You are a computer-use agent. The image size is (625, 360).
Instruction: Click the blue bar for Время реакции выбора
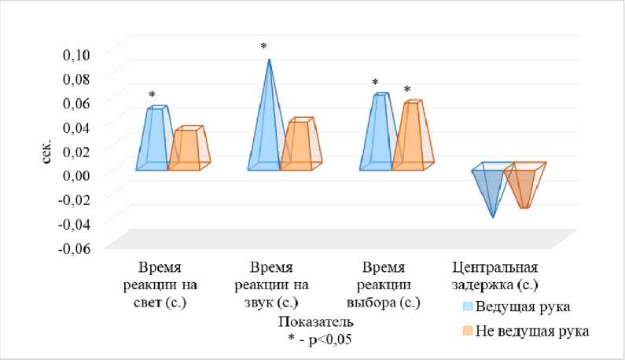[x=380, y=130]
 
